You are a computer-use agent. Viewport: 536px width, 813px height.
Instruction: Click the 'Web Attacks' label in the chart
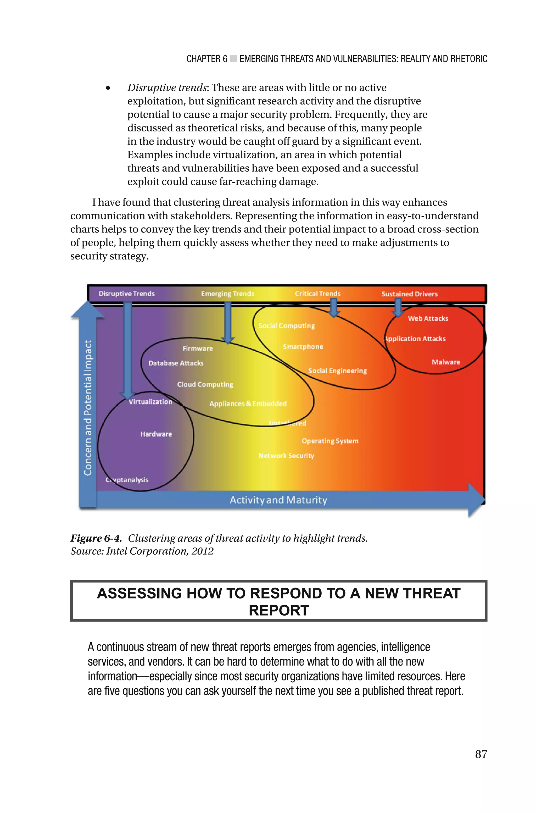(428, 318)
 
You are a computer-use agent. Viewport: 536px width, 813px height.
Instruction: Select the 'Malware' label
(446, 362)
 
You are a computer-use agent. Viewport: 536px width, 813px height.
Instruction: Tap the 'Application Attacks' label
(415, 339)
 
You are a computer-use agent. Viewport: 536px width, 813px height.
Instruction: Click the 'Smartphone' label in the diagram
(303, 347)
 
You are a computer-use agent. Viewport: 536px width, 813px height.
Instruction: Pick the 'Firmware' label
(198, 349)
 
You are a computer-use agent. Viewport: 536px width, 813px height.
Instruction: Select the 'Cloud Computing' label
(205, 384)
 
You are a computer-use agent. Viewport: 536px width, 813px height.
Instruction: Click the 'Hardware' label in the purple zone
(156, 434)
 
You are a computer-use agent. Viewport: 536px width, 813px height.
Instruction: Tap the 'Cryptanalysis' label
(127, 480)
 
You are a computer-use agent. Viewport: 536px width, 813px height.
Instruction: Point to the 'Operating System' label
(330, 441)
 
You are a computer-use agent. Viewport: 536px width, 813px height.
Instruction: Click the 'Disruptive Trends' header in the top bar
(126, 294)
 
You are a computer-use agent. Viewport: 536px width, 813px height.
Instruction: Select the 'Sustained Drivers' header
(410, 294)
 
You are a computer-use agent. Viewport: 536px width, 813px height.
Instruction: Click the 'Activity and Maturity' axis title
(278, 500)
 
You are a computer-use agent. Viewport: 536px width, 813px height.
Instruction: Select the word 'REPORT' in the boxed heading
(278, 610)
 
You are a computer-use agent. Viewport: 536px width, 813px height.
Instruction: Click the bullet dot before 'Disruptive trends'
(108, 88)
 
